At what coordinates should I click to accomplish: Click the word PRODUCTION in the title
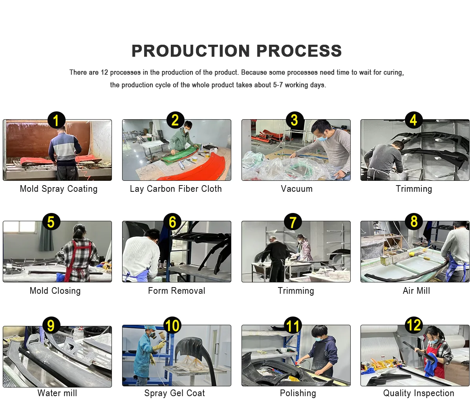190,51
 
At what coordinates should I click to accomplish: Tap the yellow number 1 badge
57,120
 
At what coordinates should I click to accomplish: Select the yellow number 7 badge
293,222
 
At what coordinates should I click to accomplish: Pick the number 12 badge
414,325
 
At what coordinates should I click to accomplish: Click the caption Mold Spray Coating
59,189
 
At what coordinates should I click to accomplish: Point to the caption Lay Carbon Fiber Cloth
176,189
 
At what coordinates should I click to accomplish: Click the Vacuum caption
296,189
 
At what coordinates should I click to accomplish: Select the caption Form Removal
177,291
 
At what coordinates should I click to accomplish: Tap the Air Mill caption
416,291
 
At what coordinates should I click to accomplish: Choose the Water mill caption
57,393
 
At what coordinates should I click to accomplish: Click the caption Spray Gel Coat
174,393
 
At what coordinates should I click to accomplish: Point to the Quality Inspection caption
419,393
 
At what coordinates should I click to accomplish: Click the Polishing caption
298,393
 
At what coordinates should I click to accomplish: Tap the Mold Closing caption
55,291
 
